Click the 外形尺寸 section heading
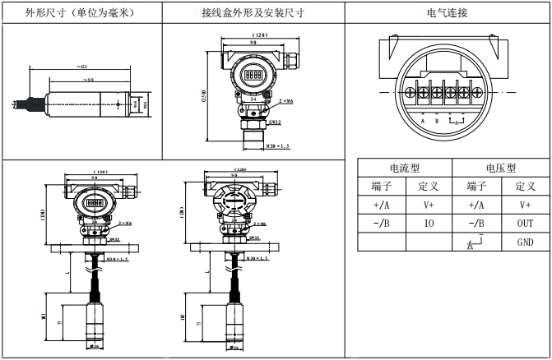click(x=80, y=12)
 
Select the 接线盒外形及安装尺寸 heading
click(x=253, y=12)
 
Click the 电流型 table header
click(x=405, y=167)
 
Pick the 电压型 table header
click(x=502, y=167)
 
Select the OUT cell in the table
click(x=525, y=223)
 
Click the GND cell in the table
click(x=525, y=242)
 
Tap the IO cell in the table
click(x=429, y=223)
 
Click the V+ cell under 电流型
click(x=429, y=205)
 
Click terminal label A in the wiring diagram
click(x=422, y=121)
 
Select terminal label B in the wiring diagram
click(x=437, y=121)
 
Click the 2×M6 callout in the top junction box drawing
click(x=287, y=99)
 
